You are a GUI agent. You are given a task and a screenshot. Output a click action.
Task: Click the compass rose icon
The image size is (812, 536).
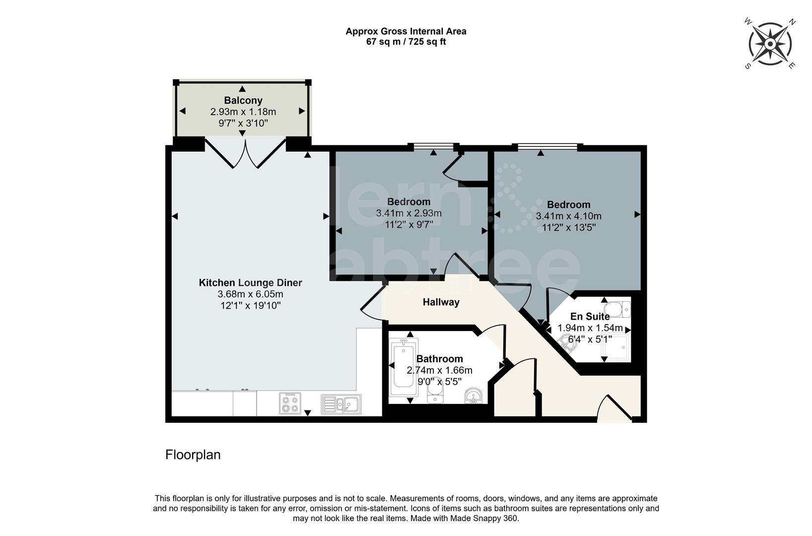(x=770, y=44)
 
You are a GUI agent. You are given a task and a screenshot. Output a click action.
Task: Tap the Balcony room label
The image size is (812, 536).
(x=243, y=101)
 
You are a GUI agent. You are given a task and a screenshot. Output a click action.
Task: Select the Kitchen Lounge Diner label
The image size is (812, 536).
(x=250, y=283)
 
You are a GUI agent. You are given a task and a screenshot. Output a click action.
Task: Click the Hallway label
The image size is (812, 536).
(x=441, y=302)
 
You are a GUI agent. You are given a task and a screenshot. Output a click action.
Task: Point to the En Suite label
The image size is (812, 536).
(x=590, y=317)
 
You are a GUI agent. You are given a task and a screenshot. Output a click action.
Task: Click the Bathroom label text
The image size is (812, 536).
(x=439, y=359)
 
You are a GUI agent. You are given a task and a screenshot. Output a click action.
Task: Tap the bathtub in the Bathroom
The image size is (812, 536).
(x=404, y=367)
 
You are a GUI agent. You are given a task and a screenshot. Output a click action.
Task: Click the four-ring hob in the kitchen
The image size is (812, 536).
(x=290, y=402)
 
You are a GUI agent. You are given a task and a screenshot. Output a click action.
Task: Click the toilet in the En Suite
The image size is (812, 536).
(x=619, y=309)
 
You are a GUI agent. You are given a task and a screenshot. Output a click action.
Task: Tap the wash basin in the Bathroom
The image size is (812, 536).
(x=474, y=396)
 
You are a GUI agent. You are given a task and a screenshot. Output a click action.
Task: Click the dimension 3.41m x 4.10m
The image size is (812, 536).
(x=568, y=216)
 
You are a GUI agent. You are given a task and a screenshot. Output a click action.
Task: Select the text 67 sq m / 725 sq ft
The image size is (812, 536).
(x=406, y=42)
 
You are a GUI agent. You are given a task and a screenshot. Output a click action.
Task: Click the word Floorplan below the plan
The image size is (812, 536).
(x=193, y=455)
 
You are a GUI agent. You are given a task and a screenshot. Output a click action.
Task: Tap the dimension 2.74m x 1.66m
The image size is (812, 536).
(x=439, y=370)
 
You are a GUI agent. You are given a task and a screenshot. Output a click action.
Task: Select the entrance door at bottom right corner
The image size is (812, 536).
(x=614, y=409)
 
